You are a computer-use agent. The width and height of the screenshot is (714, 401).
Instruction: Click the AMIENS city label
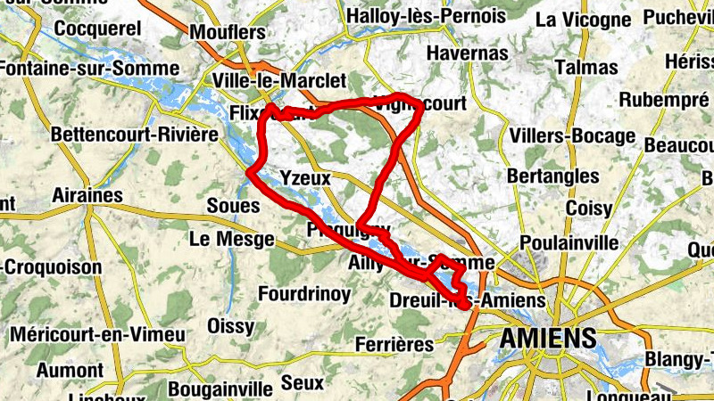(547, 339)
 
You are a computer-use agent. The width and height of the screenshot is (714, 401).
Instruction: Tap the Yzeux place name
(305, 178)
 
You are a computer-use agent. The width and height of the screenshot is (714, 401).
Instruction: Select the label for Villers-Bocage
(573, 136)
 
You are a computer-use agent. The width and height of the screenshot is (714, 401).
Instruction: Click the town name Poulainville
(569, 243)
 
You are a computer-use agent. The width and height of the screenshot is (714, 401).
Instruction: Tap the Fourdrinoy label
(304, 293)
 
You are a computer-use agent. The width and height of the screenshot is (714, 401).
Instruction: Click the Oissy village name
(230, 326)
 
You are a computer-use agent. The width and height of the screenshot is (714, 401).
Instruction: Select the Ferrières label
(394, 344)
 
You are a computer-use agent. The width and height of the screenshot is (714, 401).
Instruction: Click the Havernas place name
(467, 53)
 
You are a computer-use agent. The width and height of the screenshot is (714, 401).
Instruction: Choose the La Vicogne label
(584, 19)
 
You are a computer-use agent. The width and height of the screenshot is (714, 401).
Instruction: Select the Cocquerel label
(98, 29)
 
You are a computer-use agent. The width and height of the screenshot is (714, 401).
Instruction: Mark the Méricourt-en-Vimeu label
(98, 335)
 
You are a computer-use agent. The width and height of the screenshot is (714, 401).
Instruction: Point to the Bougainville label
(220, 389)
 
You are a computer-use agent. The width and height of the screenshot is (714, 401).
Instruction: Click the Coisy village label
(589, 209)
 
